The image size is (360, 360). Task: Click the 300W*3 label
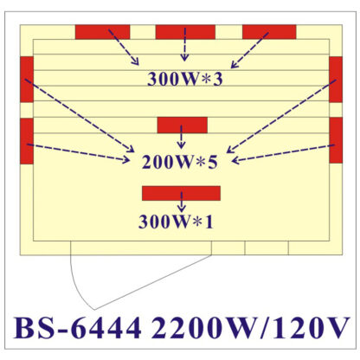(185, 79)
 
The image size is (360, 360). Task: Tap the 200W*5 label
(179, 162)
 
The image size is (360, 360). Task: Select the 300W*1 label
(176, 222)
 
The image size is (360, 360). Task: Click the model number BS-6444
(78, 328)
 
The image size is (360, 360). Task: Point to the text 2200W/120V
(250, 328)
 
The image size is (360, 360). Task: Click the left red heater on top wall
(102, 32)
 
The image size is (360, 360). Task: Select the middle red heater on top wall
(185, 32)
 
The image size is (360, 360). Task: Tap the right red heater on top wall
(269, 32)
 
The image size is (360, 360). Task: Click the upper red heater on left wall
(27, 80)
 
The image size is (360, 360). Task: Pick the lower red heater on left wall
(27, 141)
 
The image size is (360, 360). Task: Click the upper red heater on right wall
(336, 80)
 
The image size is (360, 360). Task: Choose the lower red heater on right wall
(336, 140)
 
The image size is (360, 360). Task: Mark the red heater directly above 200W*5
(183, 125)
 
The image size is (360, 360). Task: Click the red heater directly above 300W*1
(181, 193)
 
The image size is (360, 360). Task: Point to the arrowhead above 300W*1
(181, 209)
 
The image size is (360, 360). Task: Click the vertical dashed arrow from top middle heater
(184, 44)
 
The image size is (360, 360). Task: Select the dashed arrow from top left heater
(124, 47)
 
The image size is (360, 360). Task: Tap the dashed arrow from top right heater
(250, 50)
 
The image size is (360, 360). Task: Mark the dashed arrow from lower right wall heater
(283, 153)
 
